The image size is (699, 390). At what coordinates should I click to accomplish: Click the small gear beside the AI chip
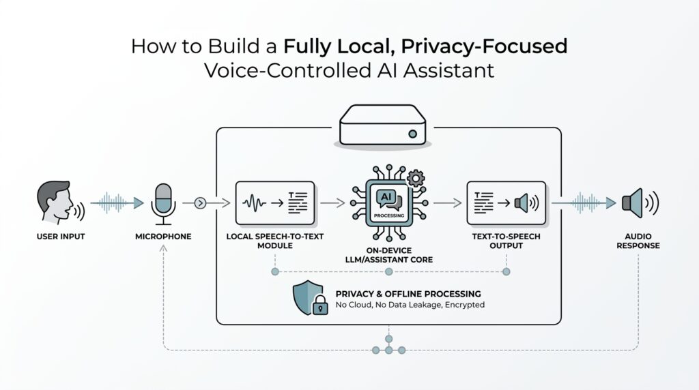[x=415, y=179]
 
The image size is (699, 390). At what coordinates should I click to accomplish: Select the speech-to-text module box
[x=274, y=202]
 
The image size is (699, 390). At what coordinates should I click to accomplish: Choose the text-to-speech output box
[x=506, y=202]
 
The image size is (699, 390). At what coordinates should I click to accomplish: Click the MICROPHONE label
[x=163, y=237]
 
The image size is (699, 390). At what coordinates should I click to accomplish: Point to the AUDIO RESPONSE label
[x=638, y=241]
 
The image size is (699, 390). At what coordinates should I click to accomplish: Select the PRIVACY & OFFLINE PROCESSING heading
[x=408, y=293]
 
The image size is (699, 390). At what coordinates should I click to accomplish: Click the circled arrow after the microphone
[x=199, y=202]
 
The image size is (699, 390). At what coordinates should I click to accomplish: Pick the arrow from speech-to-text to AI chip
[x=332, y=202]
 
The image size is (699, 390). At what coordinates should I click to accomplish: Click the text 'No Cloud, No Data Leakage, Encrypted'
[x=410, y=305]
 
